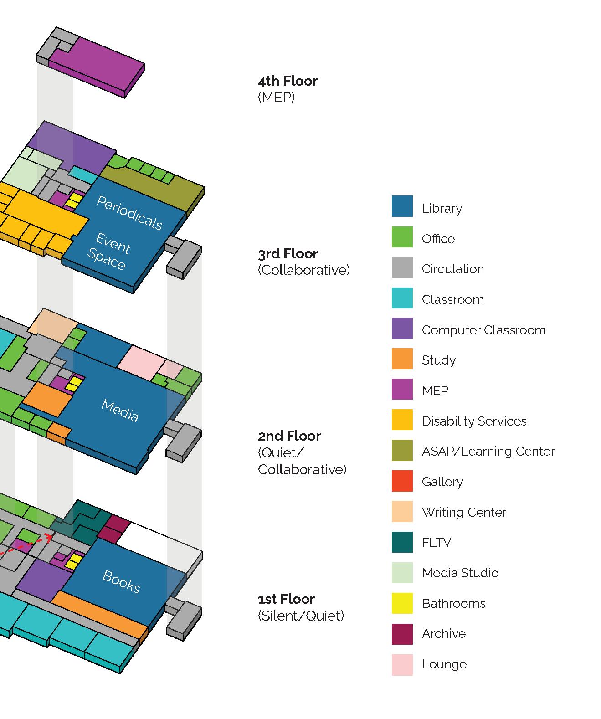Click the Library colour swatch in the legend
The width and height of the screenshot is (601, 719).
(x=402, y=206)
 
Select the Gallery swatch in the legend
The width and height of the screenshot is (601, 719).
(x=402, y=481)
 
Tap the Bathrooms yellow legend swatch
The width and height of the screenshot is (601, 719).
(x=402, y=603)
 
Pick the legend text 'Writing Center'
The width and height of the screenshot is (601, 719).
(x=464, y=512)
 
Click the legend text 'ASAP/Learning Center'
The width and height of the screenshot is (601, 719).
(x=488, y=451)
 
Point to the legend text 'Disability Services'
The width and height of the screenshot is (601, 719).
(x=474, y=421)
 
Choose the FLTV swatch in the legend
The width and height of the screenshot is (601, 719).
(x=402, y=542)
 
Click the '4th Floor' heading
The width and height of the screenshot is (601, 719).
(x=288, y=81)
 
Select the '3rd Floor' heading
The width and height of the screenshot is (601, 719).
(x=288, y=253)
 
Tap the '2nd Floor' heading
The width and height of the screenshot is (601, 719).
(x=289, y=436)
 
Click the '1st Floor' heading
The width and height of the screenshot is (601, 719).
(x=286, y=599)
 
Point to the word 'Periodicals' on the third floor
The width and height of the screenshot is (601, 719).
(x=130, y=213)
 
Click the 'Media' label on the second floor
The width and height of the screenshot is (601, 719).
(x=120, y=411)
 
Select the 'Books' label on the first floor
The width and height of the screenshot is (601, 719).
(x=121, y=582)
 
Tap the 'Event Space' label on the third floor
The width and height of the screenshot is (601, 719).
(x=109, y=252)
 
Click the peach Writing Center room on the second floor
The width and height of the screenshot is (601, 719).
(x=52, y=325)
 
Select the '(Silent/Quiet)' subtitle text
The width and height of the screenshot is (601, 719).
(x=301, y=616)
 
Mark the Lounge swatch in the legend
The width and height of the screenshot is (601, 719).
(x=402, y=664)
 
